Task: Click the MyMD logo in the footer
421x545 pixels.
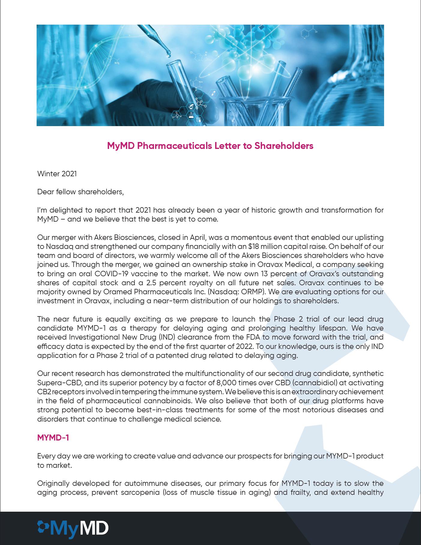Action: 73,528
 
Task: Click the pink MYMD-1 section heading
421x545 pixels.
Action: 53,438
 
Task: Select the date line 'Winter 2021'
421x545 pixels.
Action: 57,174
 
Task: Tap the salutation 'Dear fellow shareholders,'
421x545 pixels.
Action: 80,192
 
